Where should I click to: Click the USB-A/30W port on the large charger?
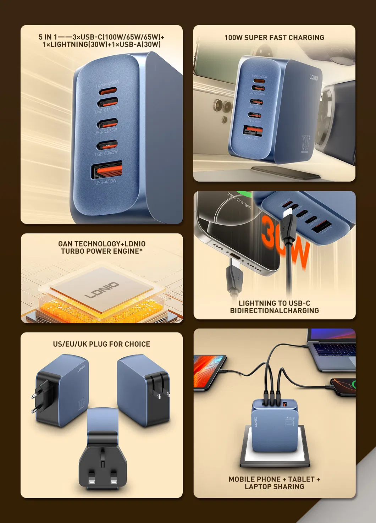pyautogui.click(x=107, y=170)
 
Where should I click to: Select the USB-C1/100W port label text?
pyautogui.click(x=107, y=110)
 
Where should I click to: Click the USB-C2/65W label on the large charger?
pyautogui.click(x=106, y=131)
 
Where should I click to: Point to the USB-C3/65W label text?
pyautogui.click(x=106, y=153)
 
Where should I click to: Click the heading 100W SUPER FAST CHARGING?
pyautogui.click(x=274, y=38)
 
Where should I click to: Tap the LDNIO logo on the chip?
pyautogui.click(x=102, y=290)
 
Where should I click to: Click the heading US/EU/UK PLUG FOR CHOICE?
pyautogui.click(x=101, y=344)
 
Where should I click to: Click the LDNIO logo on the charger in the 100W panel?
pyautogui.click(x=314, y=77)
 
